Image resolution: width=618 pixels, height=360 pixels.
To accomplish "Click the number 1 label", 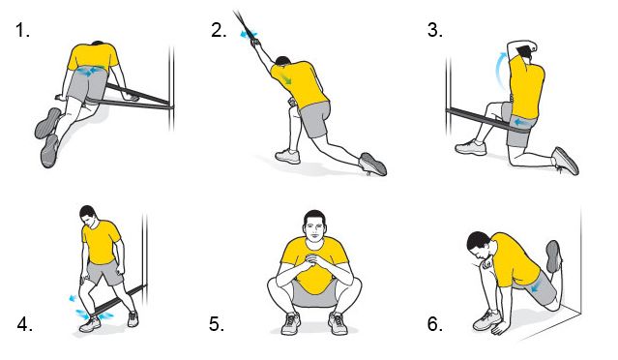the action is (22, 30).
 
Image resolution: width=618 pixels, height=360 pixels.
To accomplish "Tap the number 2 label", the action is (219, 30).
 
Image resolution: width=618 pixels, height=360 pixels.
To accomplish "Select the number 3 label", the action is (435, 30).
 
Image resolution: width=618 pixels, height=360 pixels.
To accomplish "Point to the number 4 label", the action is (24, 324).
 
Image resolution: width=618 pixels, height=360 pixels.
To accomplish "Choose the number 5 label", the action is (217, 324).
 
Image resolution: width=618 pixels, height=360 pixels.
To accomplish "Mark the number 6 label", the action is (435, 324).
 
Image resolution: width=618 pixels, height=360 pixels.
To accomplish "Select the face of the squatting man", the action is (314, 228).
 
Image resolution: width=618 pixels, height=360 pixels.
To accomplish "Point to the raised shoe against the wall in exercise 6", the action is (553, 256).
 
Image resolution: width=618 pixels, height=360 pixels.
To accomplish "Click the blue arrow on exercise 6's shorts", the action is (536, 288).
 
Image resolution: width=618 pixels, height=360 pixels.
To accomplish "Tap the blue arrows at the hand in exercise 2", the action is (250, 34).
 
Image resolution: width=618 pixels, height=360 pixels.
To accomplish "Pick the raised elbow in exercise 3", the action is (513, 45).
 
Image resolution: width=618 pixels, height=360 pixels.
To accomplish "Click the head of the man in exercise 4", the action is (88, 215).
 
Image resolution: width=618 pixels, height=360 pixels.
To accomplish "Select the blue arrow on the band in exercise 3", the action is (523, 122).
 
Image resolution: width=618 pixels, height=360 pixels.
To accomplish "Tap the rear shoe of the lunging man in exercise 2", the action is (373, 164).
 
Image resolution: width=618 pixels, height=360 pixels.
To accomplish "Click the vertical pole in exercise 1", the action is (171, 89).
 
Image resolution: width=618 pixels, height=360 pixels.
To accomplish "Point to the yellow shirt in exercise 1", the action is (93, 57).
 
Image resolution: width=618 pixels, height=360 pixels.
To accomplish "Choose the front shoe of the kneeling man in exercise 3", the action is (471, 147).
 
